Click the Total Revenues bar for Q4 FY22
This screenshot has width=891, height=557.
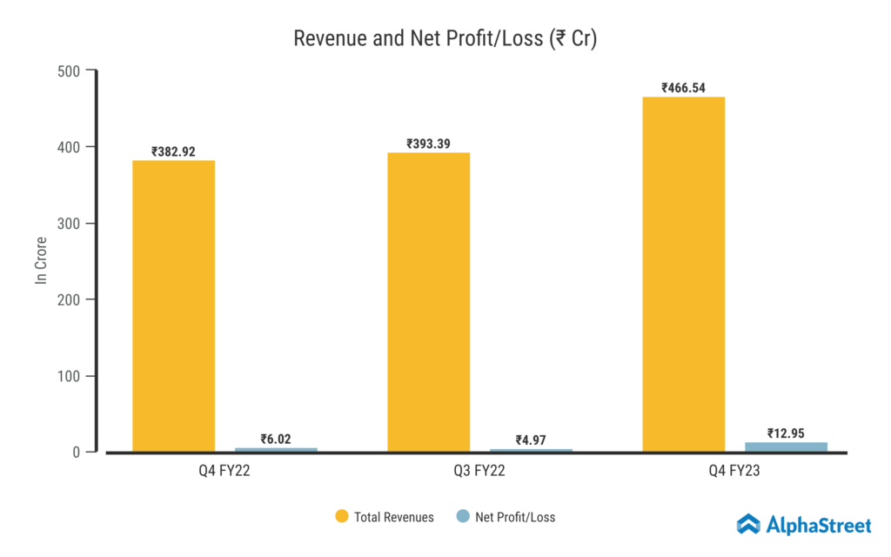[x=173, y=305]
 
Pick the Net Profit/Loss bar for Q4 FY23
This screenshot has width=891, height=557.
[x=786, y=447]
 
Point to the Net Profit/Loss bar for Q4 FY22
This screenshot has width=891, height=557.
[x=276, y=450]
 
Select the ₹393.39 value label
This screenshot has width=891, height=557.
[x=428, y=144]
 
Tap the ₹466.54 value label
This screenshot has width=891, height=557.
[x=684, y=88]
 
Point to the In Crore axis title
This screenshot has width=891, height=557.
[x=41, y=261]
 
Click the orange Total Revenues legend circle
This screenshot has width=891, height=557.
[x=342, y=517]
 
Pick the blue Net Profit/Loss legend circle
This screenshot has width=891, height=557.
[x=463, y=517]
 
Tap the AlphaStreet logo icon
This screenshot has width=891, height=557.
[x=748, y=524]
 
